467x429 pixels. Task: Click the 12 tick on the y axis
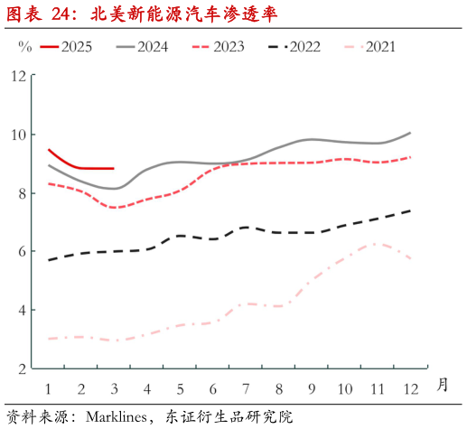pyautogui.click(x=19, y=76)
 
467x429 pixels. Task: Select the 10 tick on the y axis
pyautogui.click(x=19, y=135)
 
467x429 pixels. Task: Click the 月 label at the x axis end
pyautogui.click(x=442, y=383)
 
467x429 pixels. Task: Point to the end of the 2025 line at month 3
pyautogui.click(x=114, y=168)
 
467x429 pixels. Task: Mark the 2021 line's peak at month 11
pyautogui.click(x=376, y=243)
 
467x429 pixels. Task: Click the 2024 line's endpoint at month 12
pyautogui.click(x=410, y=133)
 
